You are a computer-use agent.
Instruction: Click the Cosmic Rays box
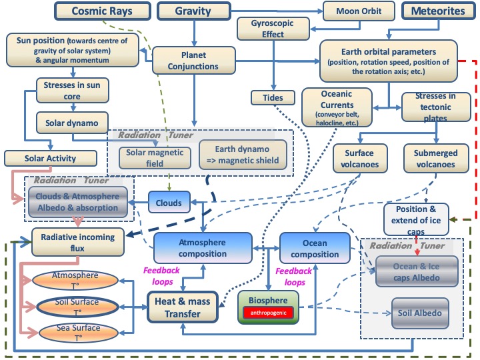pos(103,11)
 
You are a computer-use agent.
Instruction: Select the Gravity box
pos(194,11)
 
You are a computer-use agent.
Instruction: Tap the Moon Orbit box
pos(359,11)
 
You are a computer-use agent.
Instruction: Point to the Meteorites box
pos(439,11)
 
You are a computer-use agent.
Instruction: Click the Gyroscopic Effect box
pos(273,29)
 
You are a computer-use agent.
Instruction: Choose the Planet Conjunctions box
pos(194,60)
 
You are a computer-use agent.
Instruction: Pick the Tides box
pos(273,97)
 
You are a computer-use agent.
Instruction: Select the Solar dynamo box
pos(72,123)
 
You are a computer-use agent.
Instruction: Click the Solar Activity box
pos(51,158)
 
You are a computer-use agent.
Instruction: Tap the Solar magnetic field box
pos(155,158)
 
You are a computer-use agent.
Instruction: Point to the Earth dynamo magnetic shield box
pos(243,155)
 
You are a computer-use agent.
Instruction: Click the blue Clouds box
pos(169,203)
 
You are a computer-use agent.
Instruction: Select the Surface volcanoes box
pos(360,159)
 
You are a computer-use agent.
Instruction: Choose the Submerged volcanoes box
pos(436,159)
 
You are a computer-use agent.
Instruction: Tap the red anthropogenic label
pos(268,313)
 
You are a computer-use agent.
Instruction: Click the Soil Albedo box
pos(420,313)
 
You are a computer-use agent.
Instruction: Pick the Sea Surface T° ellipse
pos(79,333)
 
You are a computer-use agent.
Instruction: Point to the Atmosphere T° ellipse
pos(75,280)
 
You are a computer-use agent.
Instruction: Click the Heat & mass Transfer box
pos(183,307)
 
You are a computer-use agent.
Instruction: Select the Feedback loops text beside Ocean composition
pos(294,277)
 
